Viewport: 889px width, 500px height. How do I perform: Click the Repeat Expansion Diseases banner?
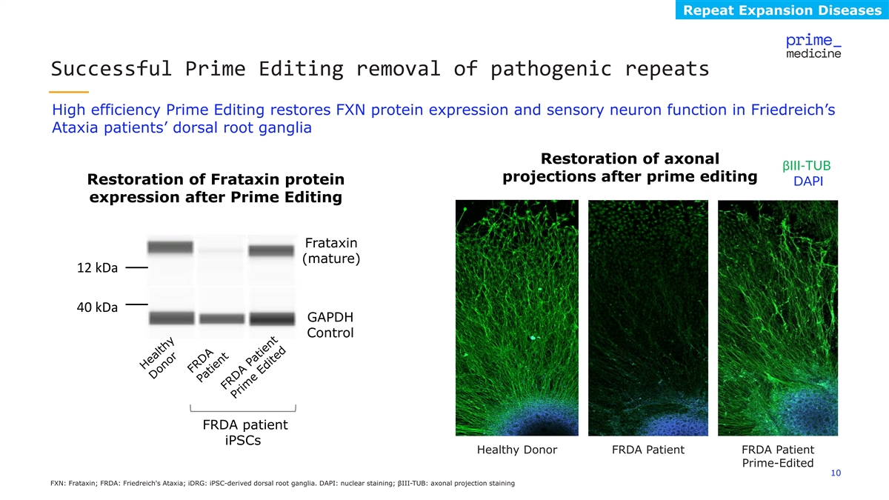pyautogui.click(x=782, y=10)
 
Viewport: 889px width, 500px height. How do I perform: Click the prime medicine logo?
pyautogui.click(x=813, y=47)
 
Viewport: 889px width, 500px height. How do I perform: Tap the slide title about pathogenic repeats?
pyautogui.click(x=380, y=69)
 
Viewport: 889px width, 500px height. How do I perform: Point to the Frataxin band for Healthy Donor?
pyautogui.click(x=170, y=247)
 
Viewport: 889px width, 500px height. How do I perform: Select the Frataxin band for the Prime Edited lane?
pyautogui.click(x=271, y=250)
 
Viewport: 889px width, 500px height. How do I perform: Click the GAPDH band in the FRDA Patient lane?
pyautogui.click(x=222, y=319)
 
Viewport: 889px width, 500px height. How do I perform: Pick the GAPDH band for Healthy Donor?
pyautogui.click(x=171, y=318)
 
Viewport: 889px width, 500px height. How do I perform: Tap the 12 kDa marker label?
pyautogui.click(x=97, y=268)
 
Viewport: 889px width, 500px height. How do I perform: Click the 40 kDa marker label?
pyautogui.click(x=97, y=307)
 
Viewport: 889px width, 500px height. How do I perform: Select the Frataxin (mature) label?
pyautogui.click(x=331, y=250)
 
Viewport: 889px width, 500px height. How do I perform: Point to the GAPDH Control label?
pyautogui.click(x=330, y=324)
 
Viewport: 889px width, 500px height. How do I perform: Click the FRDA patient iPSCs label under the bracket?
pyautogui.click(x=245, y=433)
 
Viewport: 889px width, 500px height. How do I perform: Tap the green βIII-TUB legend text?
pyautogui.click(x=807, y=165)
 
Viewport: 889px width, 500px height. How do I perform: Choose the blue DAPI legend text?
pyautogui.click(x=808, y=181)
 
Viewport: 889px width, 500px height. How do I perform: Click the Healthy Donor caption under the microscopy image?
pyautogui.click(x=517, y=450)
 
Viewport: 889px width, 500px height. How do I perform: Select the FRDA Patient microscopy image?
pyautogui.click(x=648, y=318)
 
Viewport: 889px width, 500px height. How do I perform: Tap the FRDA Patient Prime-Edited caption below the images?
pyautogui.click(x=778, y=456)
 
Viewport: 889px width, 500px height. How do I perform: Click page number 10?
pyautogui.click(x=836, y=473)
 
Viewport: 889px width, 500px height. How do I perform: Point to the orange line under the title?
pyautogui.click(x=69, y=92)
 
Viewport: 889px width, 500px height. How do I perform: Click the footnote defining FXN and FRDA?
pyautogui.click(x=282, y=483)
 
